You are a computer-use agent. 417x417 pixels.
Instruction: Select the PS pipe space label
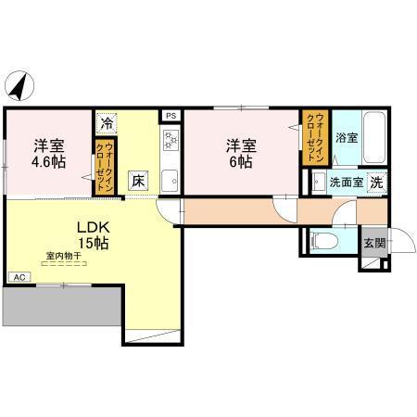pos(170,115)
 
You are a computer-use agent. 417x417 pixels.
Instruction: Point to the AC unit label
pos(19,276)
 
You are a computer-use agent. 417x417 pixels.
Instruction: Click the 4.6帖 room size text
pos(48,160)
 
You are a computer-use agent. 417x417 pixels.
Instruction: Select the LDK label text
pos(91,226)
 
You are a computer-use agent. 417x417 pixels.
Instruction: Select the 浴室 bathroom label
pos(347,138)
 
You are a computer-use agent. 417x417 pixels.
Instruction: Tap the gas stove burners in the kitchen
pos(171,140)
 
